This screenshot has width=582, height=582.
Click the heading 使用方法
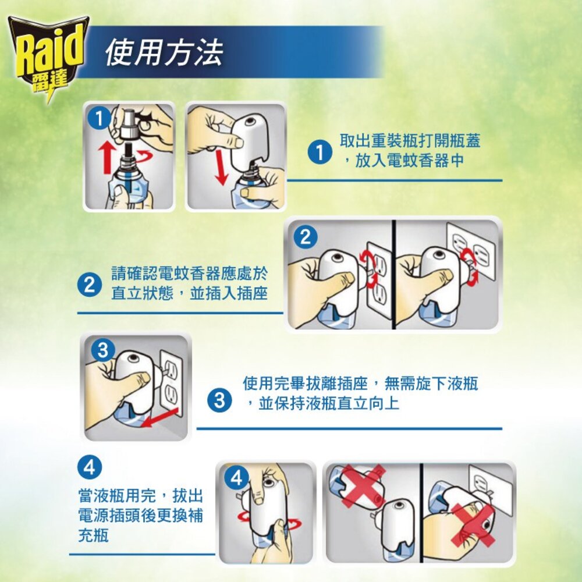tap(164, 54)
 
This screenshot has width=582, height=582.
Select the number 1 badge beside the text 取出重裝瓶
tap(318, 153)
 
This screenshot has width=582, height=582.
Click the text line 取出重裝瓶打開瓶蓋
tap(410, 141)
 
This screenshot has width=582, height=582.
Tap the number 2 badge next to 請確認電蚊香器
tap(89, 285)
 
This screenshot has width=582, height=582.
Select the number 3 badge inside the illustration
tap(102, 351)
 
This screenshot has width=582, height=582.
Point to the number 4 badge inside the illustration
tap(235, 478)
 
